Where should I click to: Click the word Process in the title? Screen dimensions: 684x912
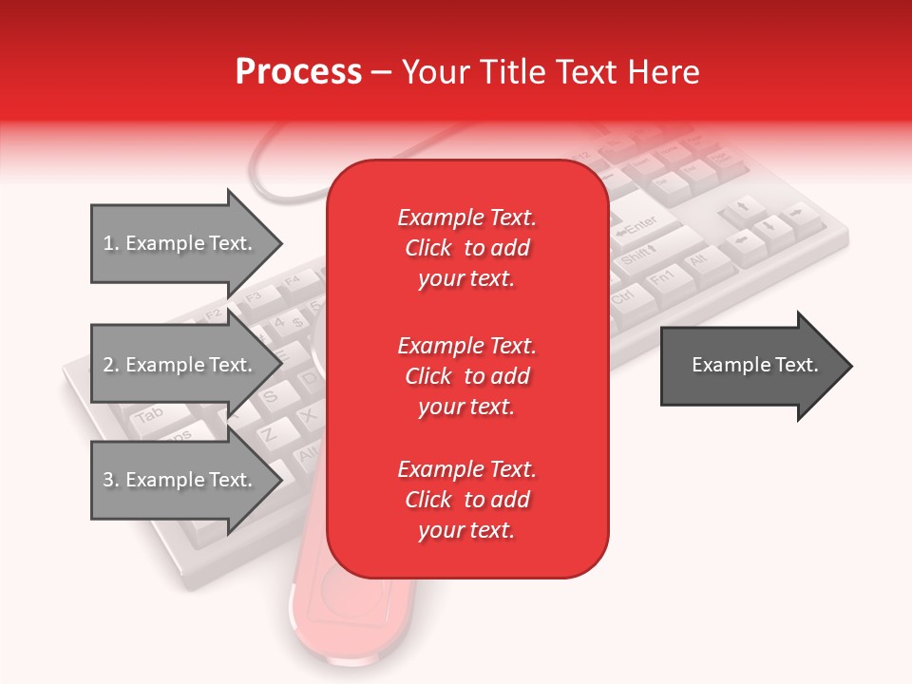[298, 72]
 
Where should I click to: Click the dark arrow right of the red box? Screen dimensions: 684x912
[755, 365]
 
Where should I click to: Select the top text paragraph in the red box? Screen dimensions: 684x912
[466, 248]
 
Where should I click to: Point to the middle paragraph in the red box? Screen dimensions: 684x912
[466, 376]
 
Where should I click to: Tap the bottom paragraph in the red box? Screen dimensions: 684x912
[466, 500]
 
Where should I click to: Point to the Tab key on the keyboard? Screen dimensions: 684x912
[147, 415]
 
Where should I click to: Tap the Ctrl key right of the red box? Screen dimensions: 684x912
[628, 297]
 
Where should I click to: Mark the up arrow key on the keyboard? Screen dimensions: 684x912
[745, 206]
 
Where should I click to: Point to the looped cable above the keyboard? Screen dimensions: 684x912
[285, 171]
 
